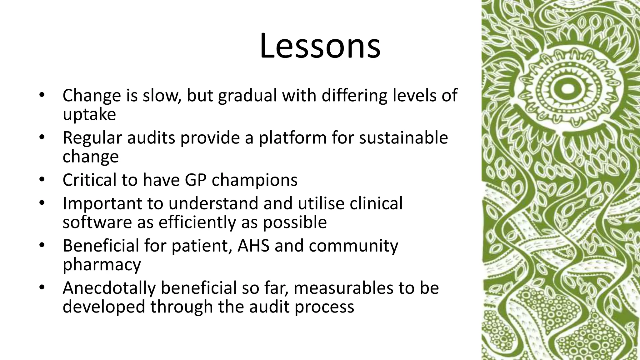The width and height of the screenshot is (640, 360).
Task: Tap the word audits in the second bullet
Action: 151,138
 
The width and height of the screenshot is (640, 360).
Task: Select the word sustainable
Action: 403,138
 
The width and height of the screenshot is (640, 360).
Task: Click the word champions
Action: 254,181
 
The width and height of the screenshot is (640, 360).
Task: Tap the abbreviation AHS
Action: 253,246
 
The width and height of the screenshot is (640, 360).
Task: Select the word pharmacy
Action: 102,265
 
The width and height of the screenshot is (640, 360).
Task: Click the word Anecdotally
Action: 109,288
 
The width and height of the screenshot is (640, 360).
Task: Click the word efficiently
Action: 197,222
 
